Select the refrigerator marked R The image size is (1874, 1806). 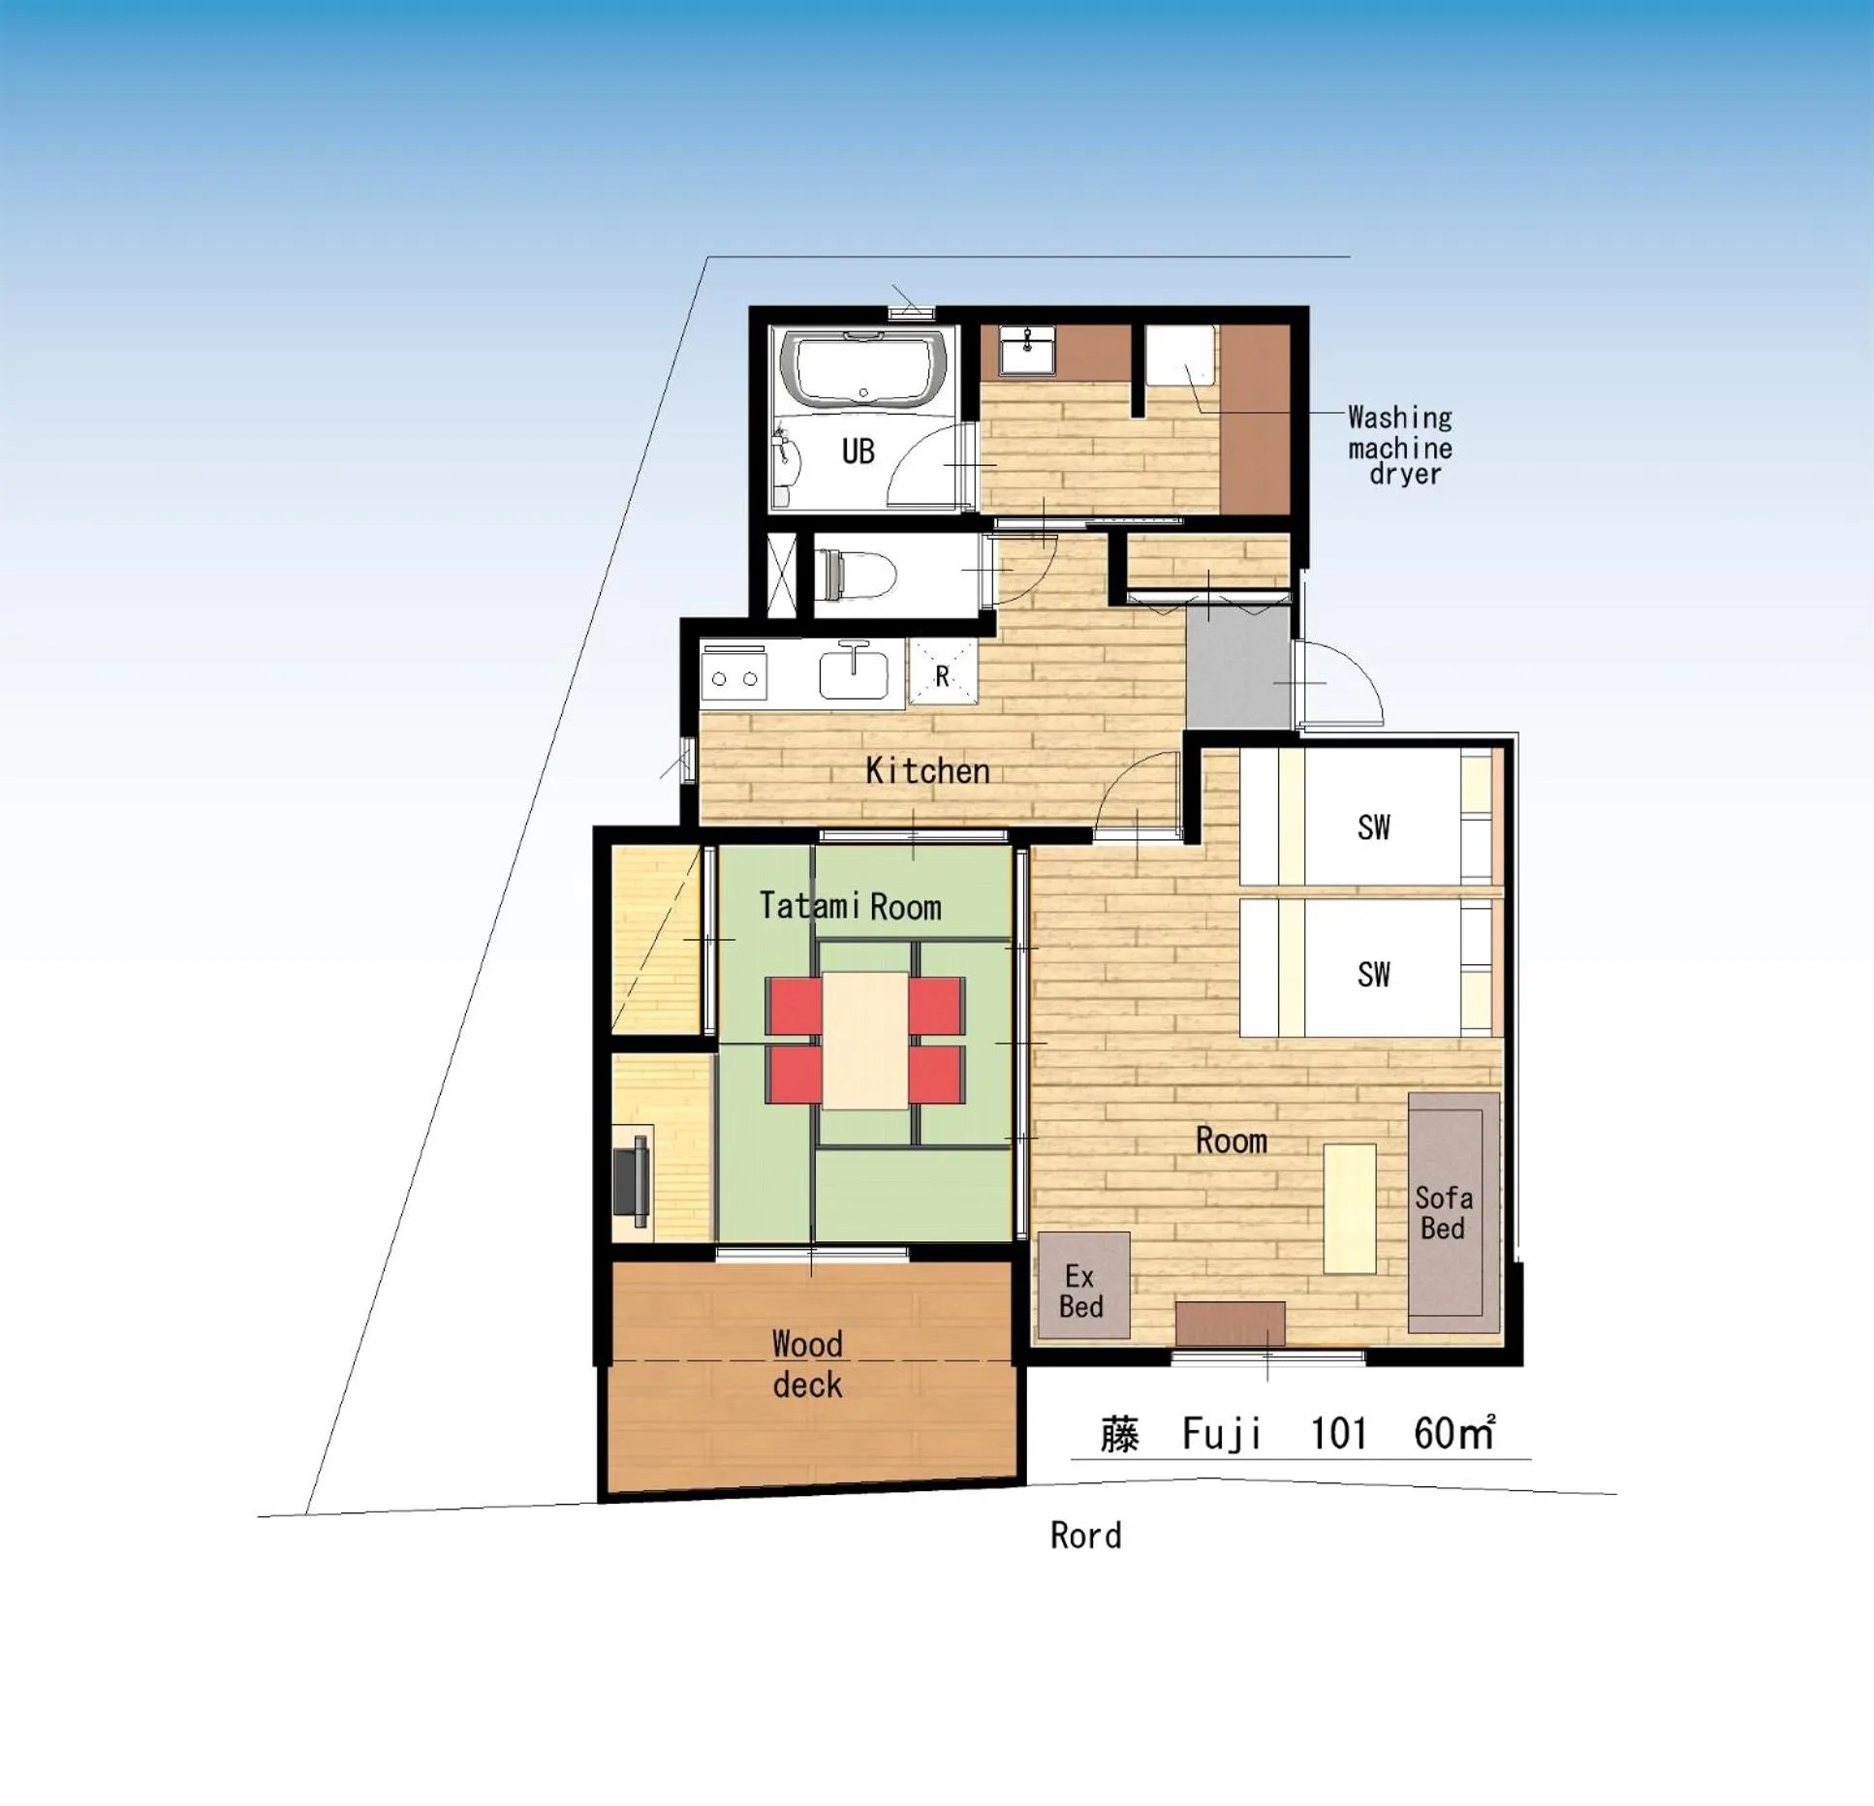(942, 675)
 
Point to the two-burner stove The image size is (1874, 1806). (734, 676)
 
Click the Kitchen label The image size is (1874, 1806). (927, 771)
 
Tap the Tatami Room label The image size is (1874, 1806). (850, 906)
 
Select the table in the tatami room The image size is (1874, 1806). (865, 1040)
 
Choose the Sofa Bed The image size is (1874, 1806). (1451, 1212)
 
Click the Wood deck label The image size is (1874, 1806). (807, 1364)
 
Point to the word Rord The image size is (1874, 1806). (1085, 1536)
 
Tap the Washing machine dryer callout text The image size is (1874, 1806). (1400, 446)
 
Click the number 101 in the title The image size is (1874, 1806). (1337, 1434)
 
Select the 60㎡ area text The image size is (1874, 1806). (1453, 1433)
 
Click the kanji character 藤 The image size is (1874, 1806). (1119, 1434)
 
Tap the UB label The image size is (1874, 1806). (858, 451)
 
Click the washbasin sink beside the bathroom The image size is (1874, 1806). (1027, 350)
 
